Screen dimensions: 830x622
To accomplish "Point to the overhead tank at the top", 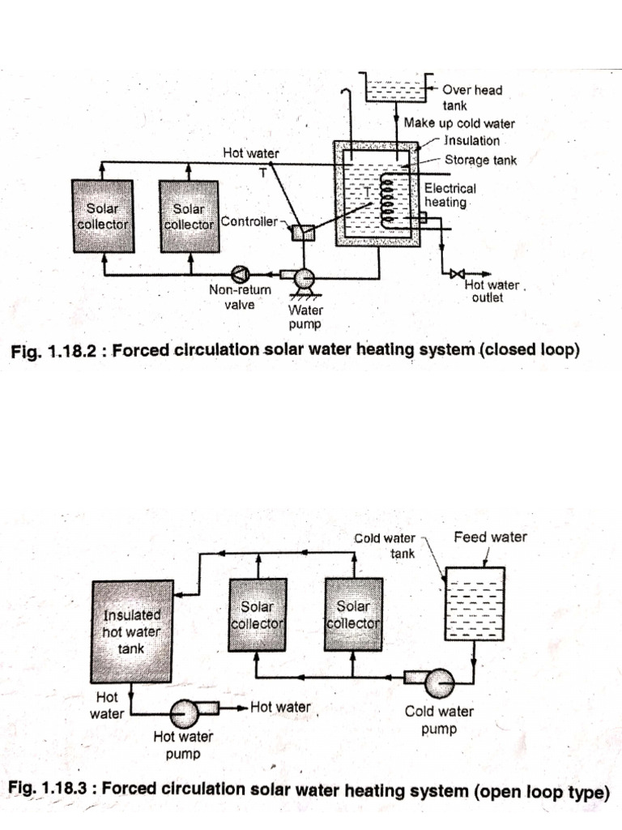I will coord(394,88).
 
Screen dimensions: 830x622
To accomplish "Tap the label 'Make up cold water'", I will coord(459,124).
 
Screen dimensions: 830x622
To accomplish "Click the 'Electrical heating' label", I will coord(450,195).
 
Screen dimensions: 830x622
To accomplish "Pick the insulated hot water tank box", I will coord(132,631).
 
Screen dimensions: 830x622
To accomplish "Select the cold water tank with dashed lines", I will coord(475,604).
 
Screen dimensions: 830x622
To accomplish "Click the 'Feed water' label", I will coord(490,537).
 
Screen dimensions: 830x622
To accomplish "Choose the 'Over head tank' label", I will coord(472,97).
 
